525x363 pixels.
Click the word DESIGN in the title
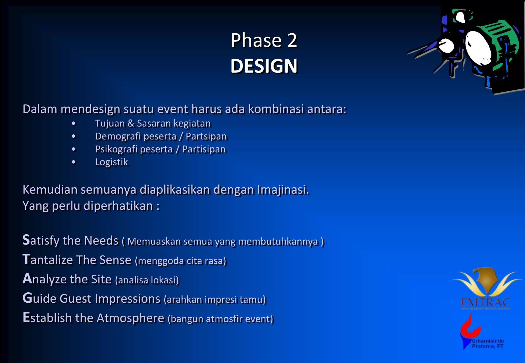[x=264, y=66]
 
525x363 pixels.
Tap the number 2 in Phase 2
[x=292, y=40]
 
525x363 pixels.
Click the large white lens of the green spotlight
[x=478, y=48]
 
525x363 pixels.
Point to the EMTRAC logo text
[x=485, y=302]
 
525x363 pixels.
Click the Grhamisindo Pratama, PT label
[x=488, y=344]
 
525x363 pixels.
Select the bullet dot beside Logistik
[x=74, y=162]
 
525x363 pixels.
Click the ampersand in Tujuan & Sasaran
[x=131, y=123]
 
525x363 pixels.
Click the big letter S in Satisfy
[x=26, y=240]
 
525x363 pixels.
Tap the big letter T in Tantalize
[x=26, y=259]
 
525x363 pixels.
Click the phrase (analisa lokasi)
[x=147, y=280]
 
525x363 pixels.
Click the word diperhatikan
[x=118, y=206]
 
